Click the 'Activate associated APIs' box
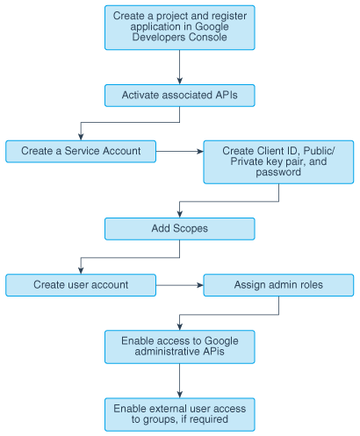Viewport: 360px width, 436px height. [x=180, y=96]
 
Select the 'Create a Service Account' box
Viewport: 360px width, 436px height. [x=81, y=151]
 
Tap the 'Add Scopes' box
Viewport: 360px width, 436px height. [x=180, y=228]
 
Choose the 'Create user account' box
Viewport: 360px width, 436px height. [x=81, y=285]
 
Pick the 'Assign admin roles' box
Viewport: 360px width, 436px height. [x=278, y=285]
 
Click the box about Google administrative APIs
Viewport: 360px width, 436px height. [x=180, y=347]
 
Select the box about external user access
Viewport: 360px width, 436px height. [x=180, y=413]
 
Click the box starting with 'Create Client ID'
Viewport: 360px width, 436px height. [x=278, y=161]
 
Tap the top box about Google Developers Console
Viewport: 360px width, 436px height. [x=180, y=27]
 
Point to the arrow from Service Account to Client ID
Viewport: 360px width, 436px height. [x=180, y=151]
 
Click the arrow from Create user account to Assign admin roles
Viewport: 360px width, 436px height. [x=180, y=285]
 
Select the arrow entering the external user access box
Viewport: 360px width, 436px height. [x=180, y=381]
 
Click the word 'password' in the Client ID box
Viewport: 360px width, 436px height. [x=278, y=174]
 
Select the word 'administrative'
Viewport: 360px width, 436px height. [x=162, y=353]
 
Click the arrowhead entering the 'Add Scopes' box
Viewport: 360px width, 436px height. [x=180, y=214]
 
